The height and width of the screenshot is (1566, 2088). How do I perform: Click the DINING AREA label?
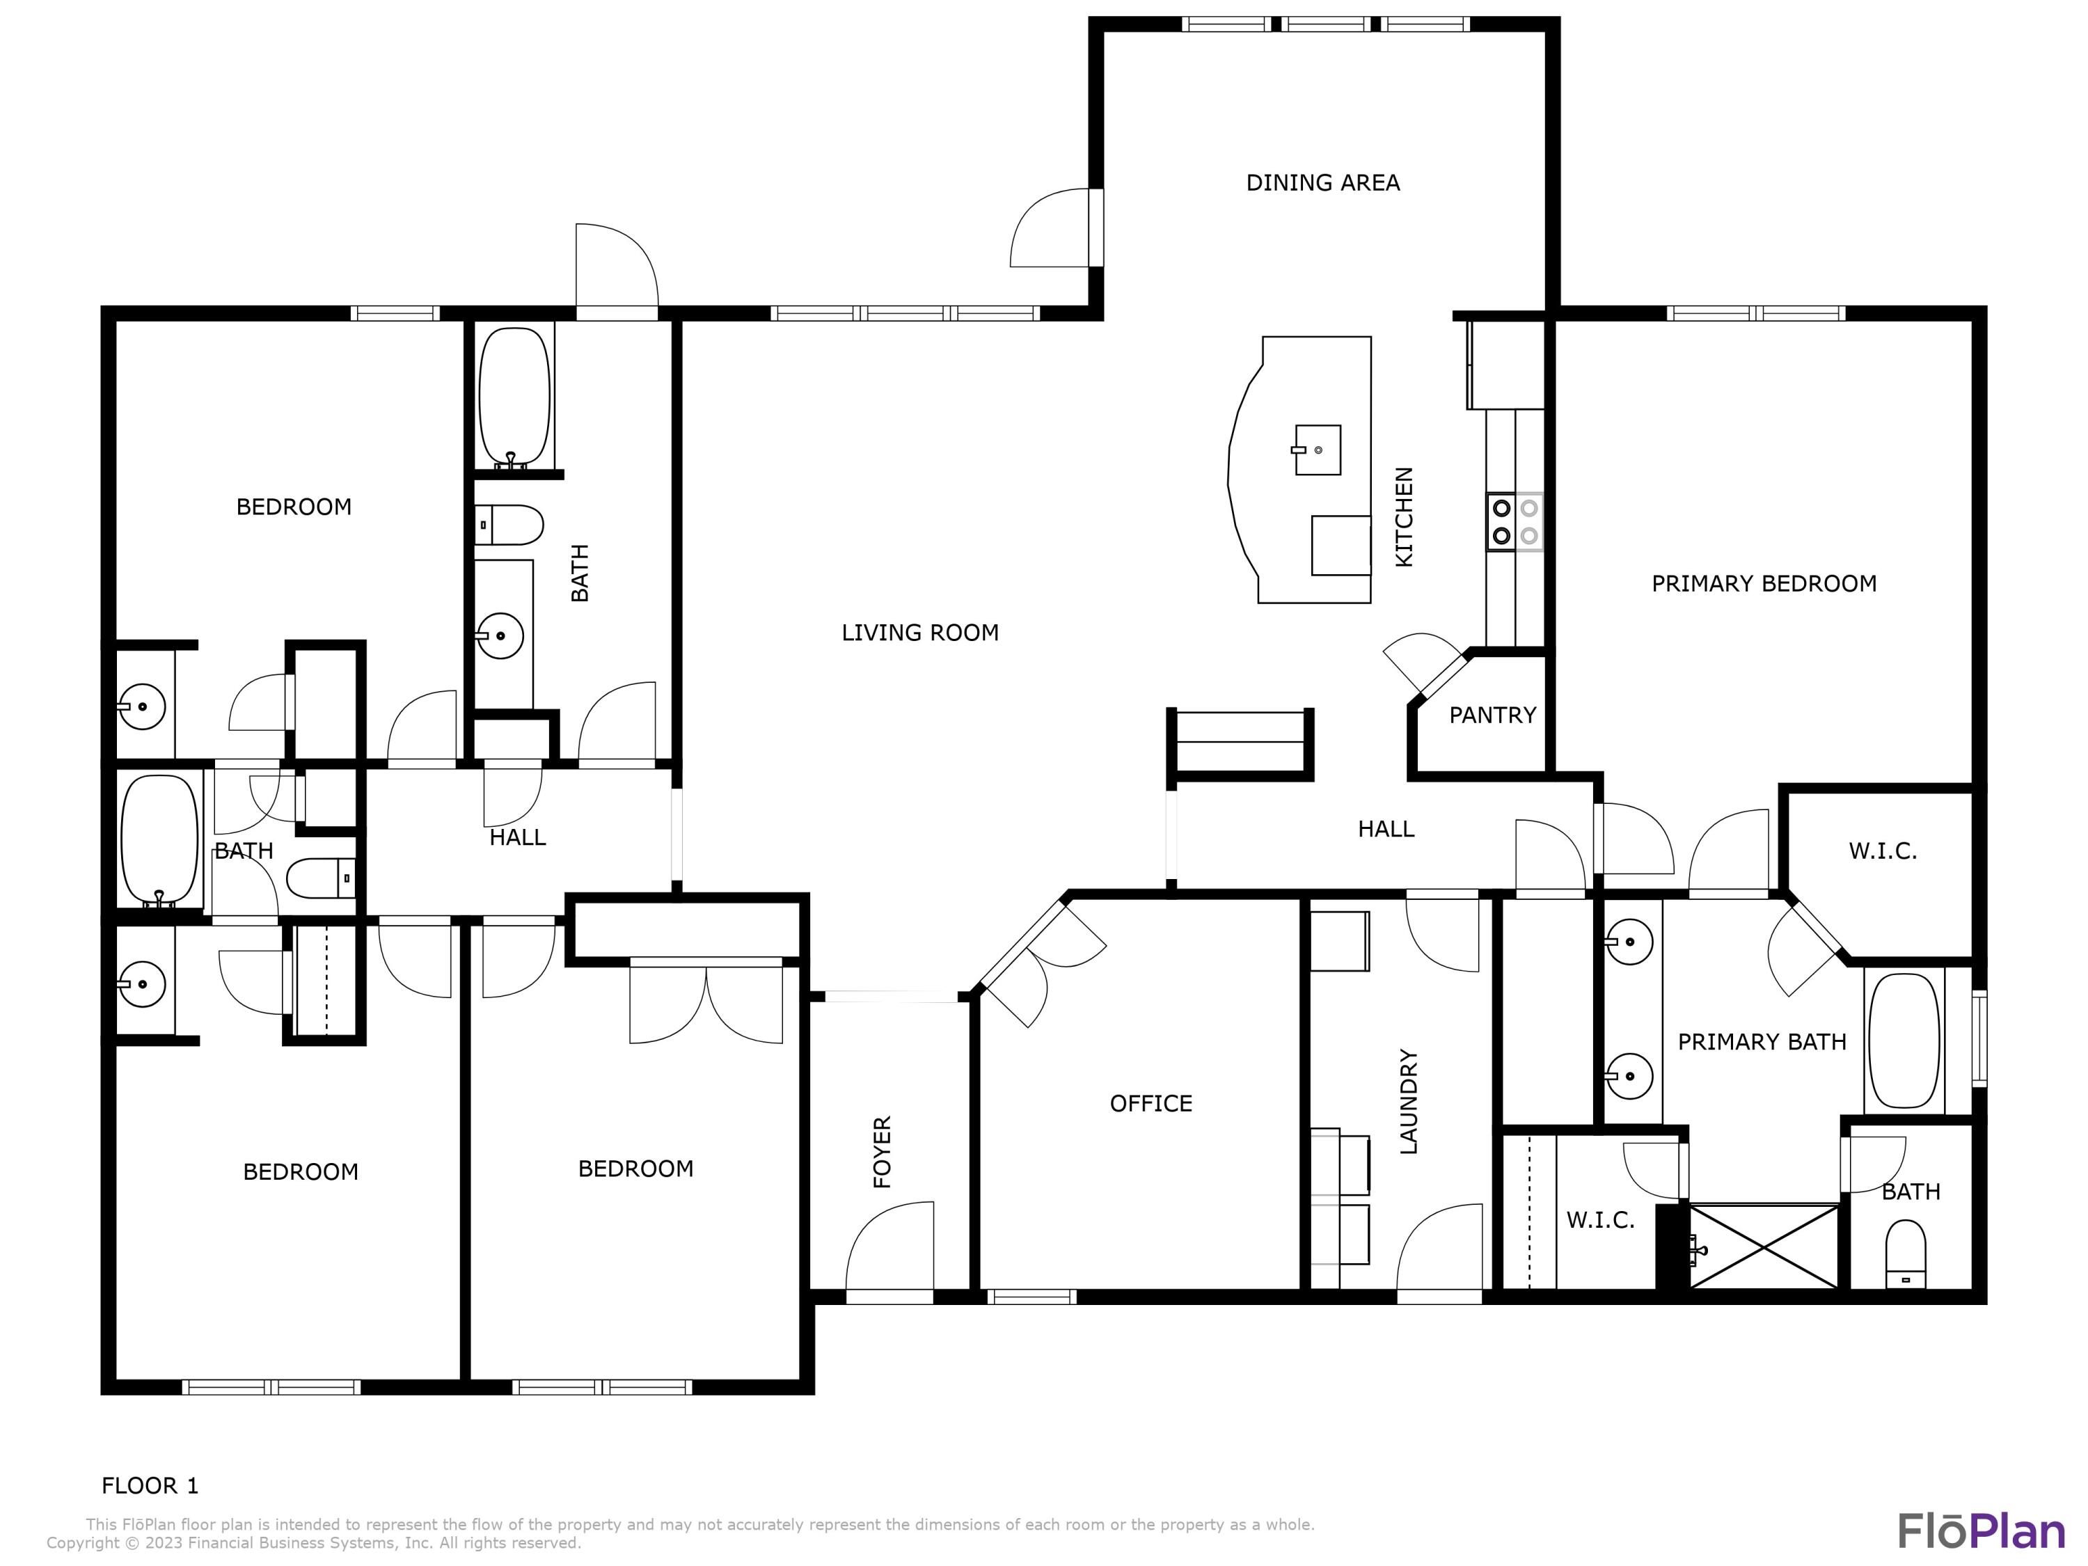tap(1322, 183)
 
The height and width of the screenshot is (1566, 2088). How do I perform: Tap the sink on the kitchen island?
tap(1317, 450)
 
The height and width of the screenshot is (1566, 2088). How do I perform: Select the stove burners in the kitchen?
tap(1514, 522)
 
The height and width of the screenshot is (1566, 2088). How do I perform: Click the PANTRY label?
tap(1492, 715)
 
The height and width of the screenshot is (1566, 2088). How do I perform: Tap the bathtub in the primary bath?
tap(1904, 1041)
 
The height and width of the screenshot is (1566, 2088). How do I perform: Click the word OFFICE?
tap(1150, 1103)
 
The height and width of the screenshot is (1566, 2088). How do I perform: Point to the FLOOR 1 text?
tap(150, 1486)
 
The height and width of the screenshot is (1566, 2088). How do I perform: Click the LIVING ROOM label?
tap(919, 633)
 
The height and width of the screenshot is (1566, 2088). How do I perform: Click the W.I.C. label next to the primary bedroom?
tap(1882, 851)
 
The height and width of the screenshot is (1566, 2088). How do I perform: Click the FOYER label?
tap(883, 1152)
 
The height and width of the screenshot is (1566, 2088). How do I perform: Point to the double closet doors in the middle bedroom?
tap(706, 1002)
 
